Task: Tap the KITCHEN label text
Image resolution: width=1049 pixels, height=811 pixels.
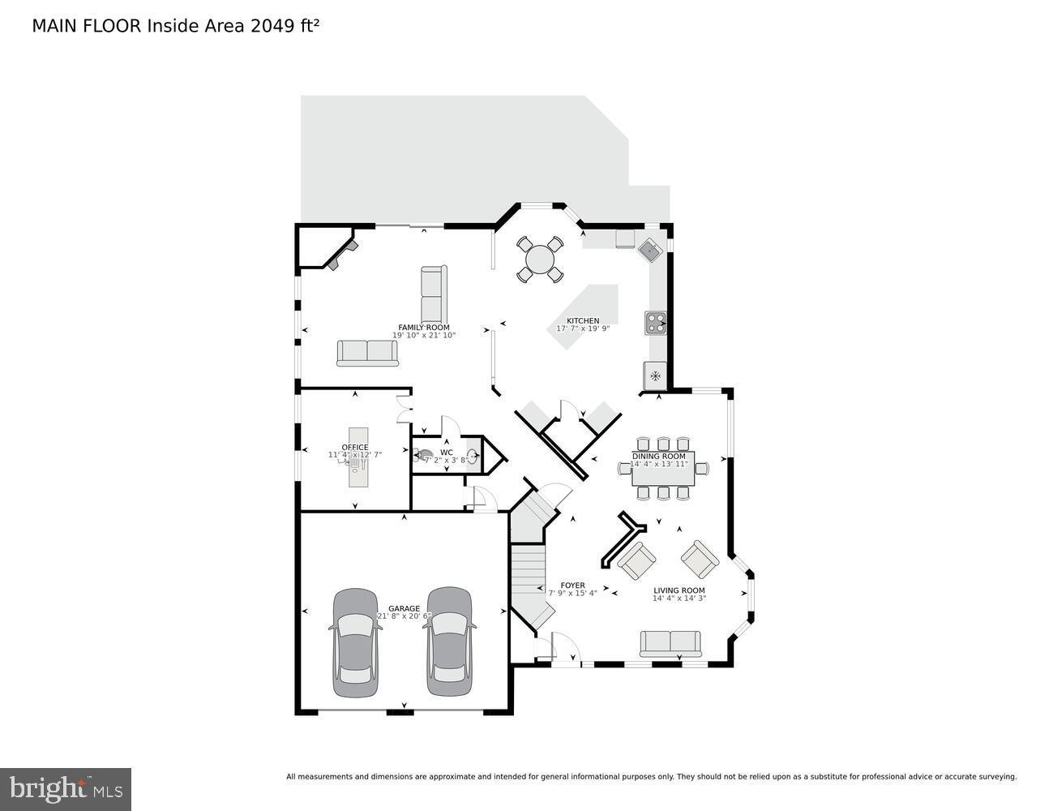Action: [583, 321]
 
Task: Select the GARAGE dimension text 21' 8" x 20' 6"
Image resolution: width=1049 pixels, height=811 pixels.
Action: [404, 616]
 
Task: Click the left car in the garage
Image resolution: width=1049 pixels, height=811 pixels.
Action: [356, 642]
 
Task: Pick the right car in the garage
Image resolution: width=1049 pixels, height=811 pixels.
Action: [448, 642]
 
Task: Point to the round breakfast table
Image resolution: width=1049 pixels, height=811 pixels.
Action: [540, 260]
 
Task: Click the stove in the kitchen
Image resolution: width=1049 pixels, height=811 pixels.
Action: [655, 323]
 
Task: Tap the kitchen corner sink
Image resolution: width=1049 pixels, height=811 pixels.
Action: [650, 250]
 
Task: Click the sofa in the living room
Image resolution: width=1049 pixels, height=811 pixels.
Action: [670, 644]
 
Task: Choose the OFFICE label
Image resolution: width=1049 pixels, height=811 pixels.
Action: [355, 448]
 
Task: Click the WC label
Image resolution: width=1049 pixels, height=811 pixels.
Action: [447, 453]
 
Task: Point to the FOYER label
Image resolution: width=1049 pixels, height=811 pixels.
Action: [572, 586]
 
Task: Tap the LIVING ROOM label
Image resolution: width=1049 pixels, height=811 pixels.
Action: [679, 590]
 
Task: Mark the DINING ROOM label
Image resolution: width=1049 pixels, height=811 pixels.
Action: [659, 457]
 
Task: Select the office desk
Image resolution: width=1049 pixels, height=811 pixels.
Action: [358, 458]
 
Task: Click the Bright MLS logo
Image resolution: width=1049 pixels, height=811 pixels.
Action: [66, 789]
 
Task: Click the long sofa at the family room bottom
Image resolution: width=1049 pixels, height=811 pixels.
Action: [367, 353]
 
